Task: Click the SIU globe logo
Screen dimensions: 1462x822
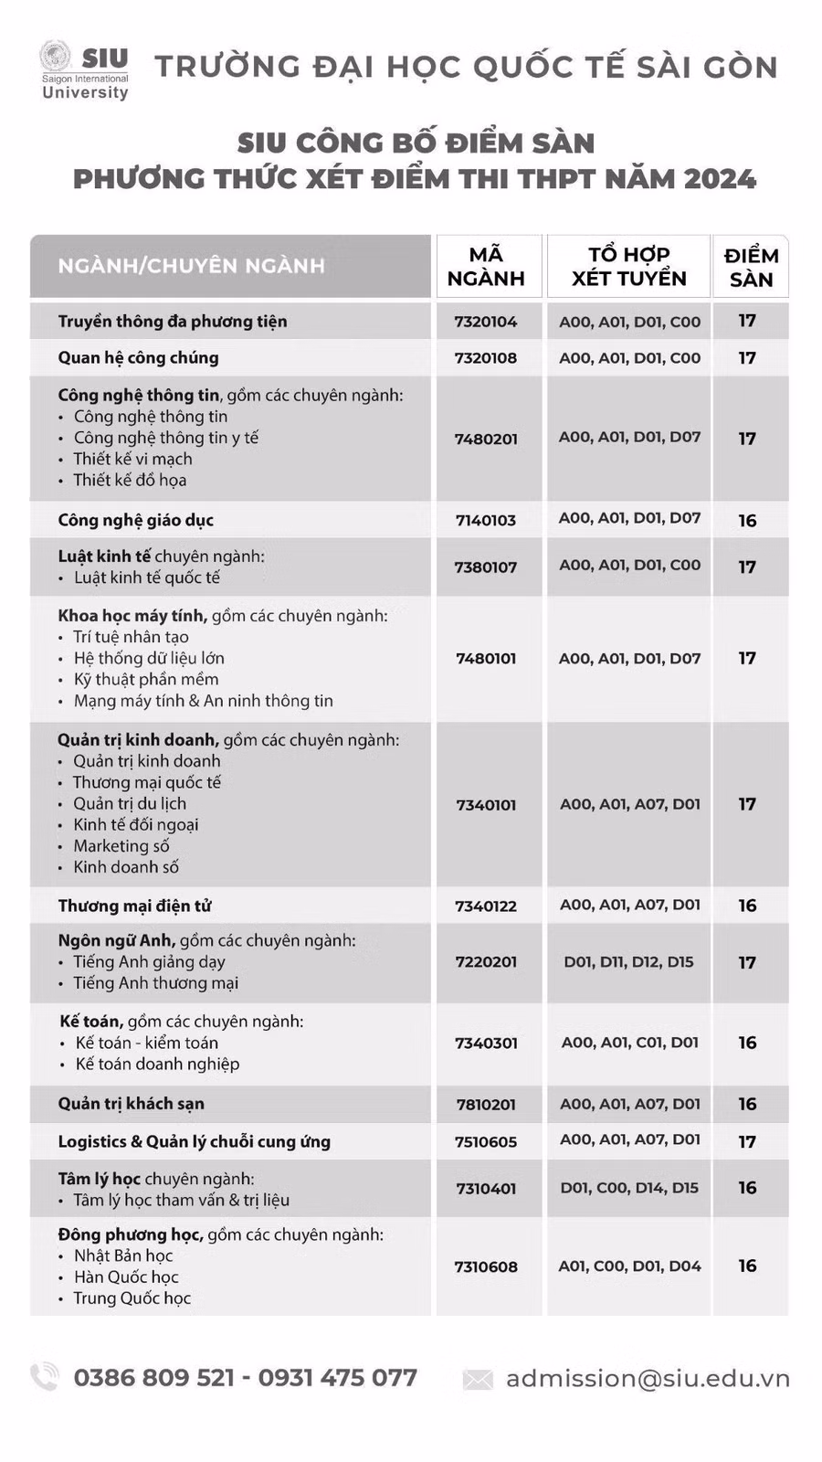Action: pyautogui.click(x=56, y=58)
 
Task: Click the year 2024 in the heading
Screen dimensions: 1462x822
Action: pyautogui.click(x=719, y=178)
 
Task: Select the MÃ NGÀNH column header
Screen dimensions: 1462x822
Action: pyautogui.click(x=486, y=266)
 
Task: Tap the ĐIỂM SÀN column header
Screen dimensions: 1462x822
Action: pyautogui.click(x=751, y=267)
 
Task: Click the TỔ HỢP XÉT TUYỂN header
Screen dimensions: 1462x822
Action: pyautogui.click(x=628, y=266)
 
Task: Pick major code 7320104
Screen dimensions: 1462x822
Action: pyautogui.click(x=486, y=322)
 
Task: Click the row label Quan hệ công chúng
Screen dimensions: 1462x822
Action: pyautogui.click(x=138, y=357)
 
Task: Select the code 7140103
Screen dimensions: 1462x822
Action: pyautogui.click(x=486, y=521)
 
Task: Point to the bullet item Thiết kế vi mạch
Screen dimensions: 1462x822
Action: pyautogui.click(x=132, y=459)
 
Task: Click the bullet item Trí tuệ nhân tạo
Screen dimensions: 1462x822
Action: pyautogui.click(x=131, y=637)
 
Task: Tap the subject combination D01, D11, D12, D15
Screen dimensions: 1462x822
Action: pyautogui.click(x=628, y=961)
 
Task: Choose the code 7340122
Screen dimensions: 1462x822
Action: pyautogui.click(x=486, y=906)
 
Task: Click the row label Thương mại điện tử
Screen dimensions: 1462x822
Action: pyautogui.click(x=134, y=906)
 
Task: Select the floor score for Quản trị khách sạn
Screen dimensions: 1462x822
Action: pyautogui.click(x=747, y=1104)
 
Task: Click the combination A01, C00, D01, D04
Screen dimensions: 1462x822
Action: pyautogui.click(x=629, y=1266)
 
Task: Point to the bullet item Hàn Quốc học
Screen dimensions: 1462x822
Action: pyautogui.click(x=126, y=1277)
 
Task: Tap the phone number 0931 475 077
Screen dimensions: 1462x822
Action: pyautogui.click(x=337, y=1377)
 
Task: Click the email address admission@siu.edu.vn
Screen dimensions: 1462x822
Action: pyautogui.click(x=648, y=1378)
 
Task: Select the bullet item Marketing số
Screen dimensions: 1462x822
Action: pyautogui.click(x=121, y=846)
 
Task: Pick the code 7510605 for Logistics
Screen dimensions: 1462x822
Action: pyautogui.click(x=486, y=1142)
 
